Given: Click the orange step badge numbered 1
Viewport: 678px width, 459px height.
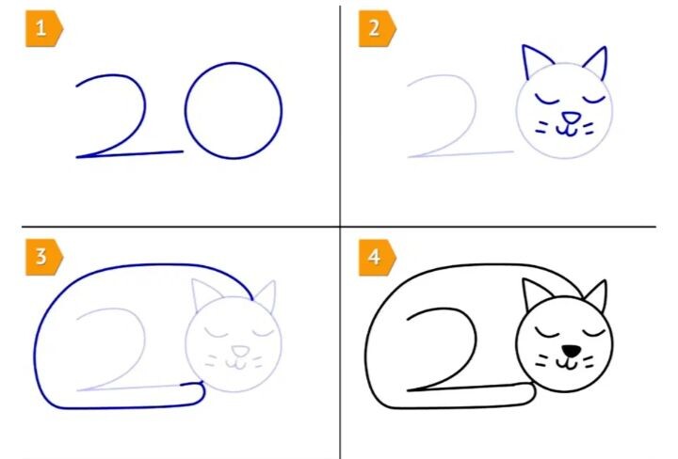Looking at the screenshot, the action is coord(44,28).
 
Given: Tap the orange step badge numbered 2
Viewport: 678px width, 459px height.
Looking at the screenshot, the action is coord(377,28).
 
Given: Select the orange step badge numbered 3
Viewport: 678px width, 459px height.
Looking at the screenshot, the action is coord(44,257).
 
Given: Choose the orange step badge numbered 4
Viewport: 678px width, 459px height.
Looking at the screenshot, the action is coord(377,257).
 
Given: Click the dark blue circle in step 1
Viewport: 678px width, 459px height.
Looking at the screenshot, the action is coord(186,110).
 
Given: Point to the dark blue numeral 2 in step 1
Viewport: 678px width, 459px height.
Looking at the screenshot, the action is coord(144,108).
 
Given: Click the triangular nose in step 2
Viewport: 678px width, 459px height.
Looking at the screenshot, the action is coord(571,118).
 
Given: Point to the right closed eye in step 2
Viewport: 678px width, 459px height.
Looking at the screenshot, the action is coord(593,102).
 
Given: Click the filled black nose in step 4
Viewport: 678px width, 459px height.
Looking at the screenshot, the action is coord(572,351).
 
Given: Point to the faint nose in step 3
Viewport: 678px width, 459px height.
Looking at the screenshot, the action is coord(239,351).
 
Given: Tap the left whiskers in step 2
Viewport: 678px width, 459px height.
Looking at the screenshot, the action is coord(541,127).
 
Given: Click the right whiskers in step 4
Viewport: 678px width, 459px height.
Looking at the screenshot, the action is coord(588,361).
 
